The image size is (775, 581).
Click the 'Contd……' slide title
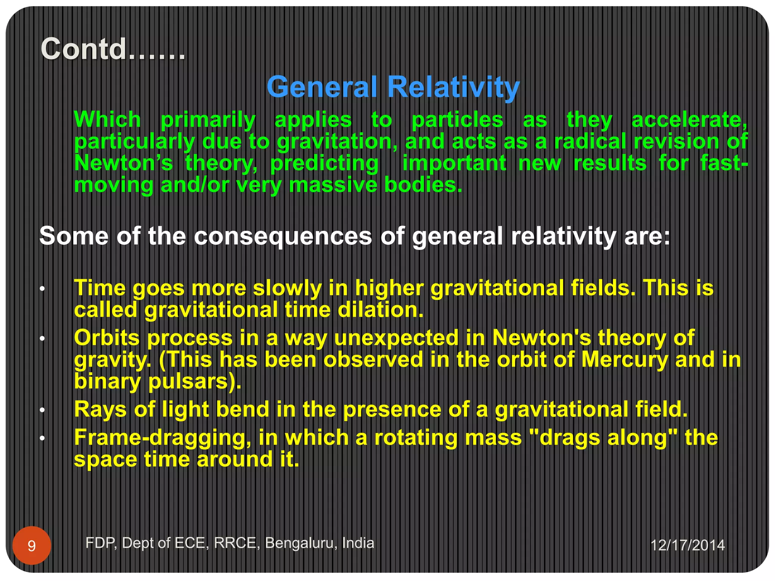coord(113,49)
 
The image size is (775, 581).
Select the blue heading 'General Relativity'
coord(393,87)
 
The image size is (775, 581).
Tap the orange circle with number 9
coord(32,545)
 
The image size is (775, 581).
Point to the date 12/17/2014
coord(687,545)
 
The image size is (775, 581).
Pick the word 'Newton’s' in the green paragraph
coord(123,163)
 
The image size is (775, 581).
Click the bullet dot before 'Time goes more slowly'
coord(43,290)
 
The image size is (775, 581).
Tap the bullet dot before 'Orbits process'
coord(43,339)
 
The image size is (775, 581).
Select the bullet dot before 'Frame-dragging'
coord(43,439)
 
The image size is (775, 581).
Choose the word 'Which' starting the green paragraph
coord(107,120)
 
